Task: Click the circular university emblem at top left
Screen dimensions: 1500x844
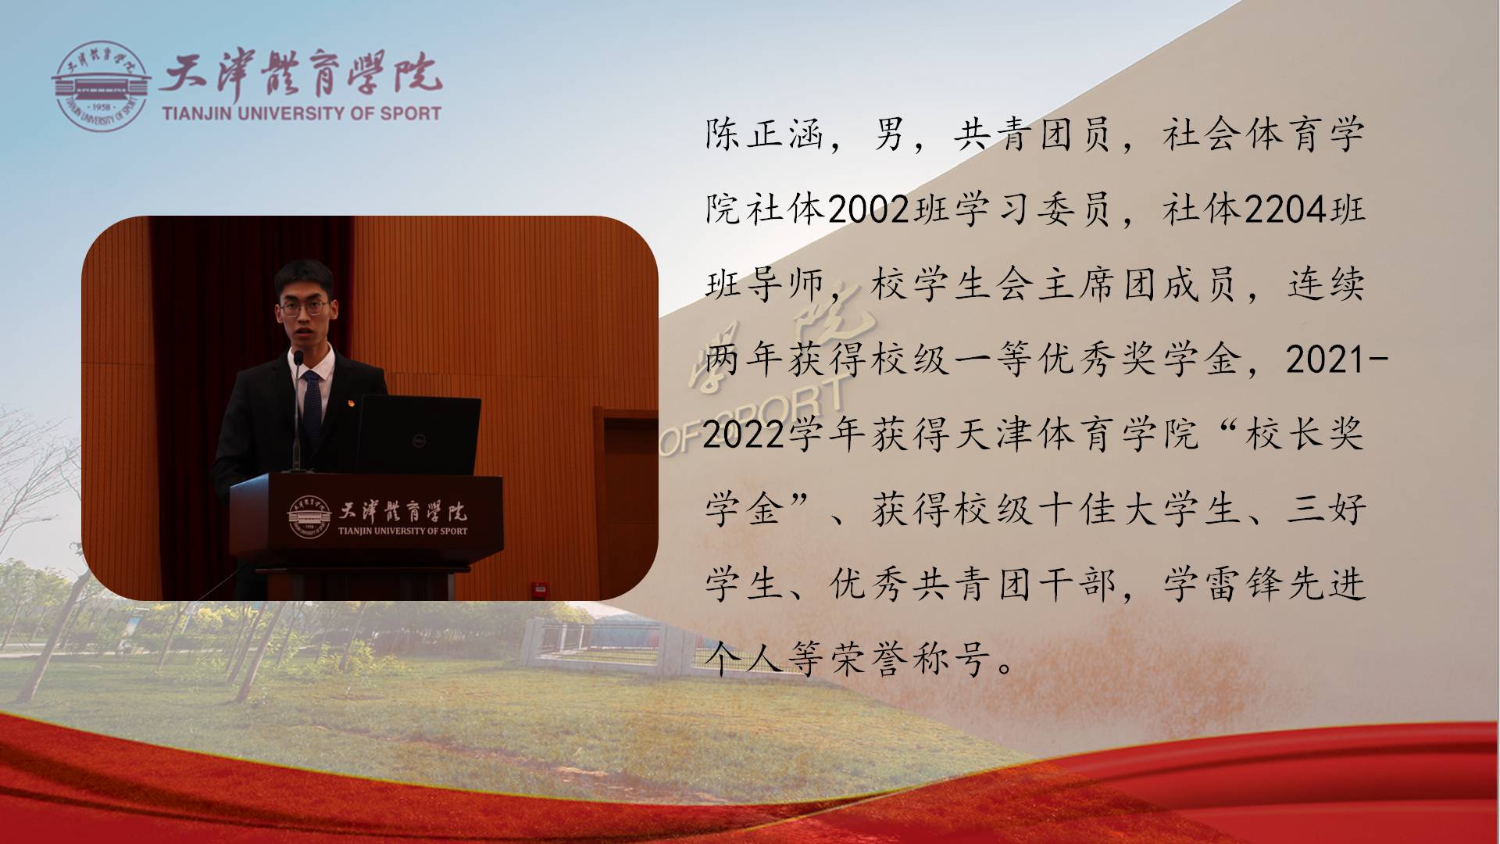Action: pyautogui.click(x=100, y=86)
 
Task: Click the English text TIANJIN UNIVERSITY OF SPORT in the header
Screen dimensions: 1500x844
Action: pyautogui.click(x=302, y=113)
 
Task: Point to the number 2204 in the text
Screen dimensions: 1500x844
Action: pyautogui.click(x=1286, y=210)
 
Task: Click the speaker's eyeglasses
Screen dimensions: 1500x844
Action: pyautogui.click(x=302, y=307)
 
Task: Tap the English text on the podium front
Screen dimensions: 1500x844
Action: pyautogui.click(x=402, y=531)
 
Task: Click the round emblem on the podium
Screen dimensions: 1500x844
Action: pyautogui.click(x=310, y=517)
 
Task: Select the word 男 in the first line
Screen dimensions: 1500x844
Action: pyautogui.click(x=889, y=135)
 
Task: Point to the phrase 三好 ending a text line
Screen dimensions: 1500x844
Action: pyautogui.click(x=1327, y=510)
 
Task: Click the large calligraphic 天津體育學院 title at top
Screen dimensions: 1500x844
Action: pyautogui.click(x=301, y=75)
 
